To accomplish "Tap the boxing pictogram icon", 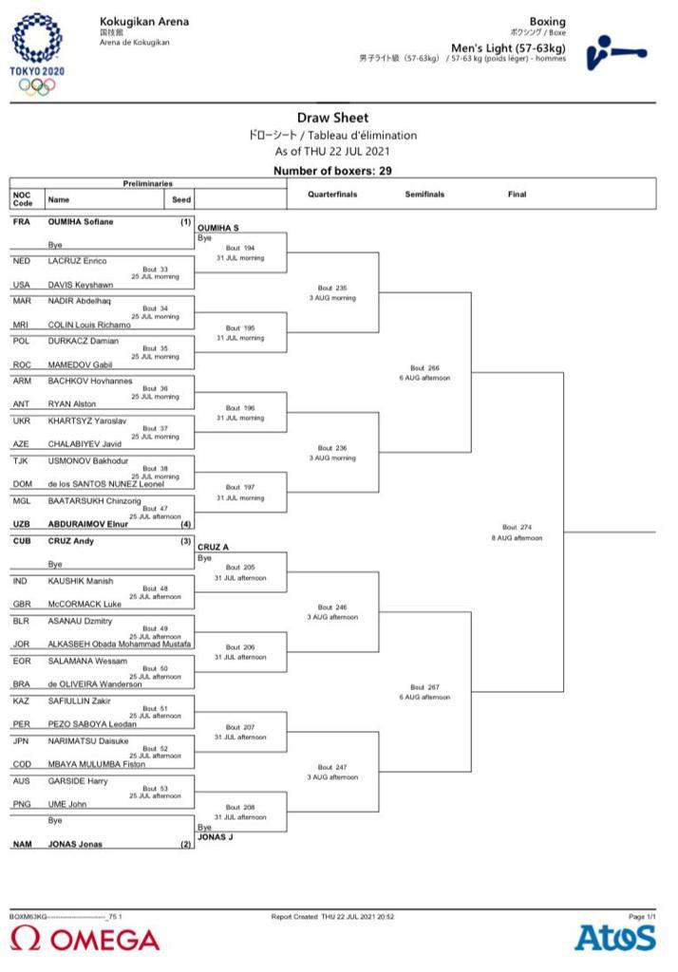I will click(x=615, y=51).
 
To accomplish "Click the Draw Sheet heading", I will click(x=332, y=119).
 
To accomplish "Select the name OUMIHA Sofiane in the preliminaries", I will click(x=81, y=222).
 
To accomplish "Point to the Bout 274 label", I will click(x=518, y=528).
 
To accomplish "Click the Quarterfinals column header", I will click(x=332, y=195).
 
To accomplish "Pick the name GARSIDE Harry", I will click(x=78, y=781).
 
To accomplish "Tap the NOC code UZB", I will click(x=22, y=523).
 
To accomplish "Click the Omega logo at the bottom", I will click(x=85, y=940).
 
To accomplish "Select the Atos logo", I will click(x=613, y=938).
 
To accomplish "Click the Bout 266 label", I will click(x=424, y=367).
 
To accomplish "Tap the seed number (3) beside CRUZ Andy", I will click(x=186, y=541).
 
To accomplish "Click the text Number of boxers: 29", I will click(x=332, y=171).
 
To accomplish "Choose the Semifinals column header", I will click(x=424, y=195).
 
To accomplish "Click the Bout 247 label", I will click(x=332, y=767).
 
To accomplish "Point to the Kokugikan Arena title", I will click(x=143, y=21).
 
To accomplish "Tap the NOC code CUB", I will click(x=22, y=541).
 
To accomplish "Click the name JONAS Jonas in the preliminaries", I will click(x=75, y=844).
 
